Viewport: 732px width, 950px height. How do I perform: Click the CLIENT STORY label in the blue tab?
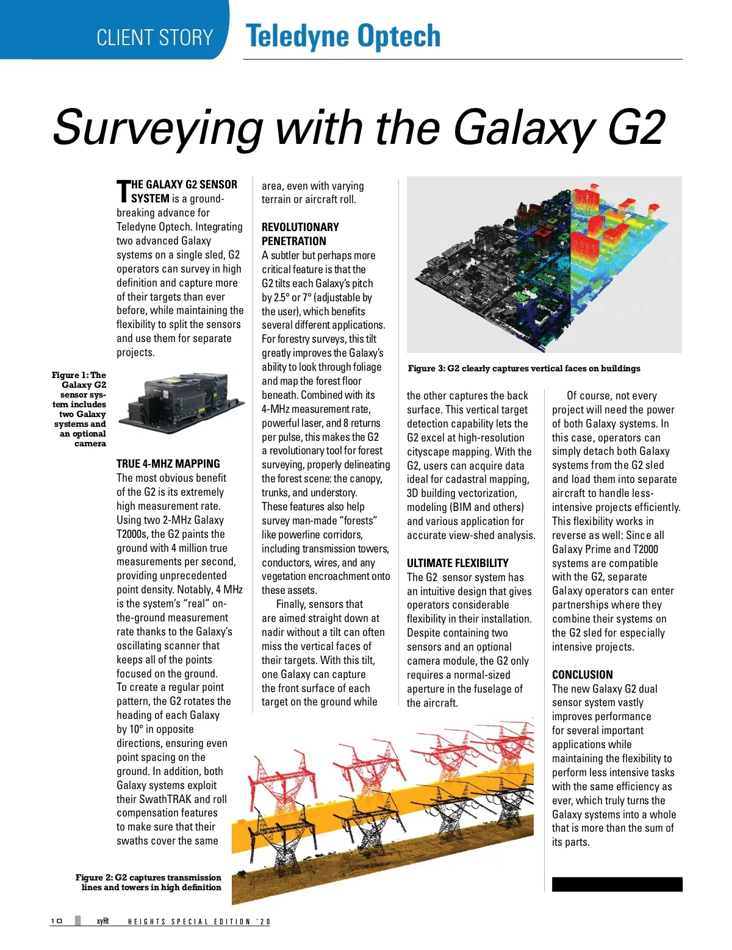(x=155, y=38)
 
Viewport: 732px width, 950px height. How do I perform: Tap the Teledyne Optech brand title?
(x=343, y=37)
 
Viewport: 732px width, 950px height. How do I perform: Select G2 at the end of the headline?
(x=636, y=127)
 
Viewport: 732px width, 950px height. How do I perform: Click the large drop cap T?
(x=123, y=191)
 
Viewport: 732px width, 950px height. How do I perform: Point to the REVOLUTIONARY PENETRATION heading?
(x=300, y=234)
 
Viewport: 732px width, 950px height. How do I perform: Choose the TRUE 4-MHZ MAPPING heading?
(x=168, y=463)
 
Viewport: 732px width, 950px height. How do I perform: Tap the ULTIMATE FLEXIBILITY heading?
(x=457, y=563)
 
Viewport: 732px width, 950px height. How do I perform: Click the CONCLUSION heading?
(x=583, y=674)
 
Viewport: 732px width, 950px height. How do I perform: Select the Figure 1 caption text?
(x=81, y=409)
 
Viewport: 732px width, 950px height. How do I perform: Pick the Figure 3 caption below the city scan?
(x=524, y=368)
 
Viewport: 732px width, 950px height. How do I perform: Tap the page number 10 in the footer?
(x=57, y=921)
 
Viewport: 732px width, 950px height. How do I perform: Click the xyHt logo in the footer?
(x=102, y=921)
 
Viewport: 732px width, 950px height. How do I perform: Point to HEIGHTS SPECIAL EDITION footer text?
(x=199, y=921)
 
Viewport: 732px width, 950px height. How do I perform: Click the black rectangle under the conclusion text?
(x=617, y=884)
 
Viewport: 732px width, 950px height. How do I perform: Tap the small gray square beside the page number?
(x=77, y=921)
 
